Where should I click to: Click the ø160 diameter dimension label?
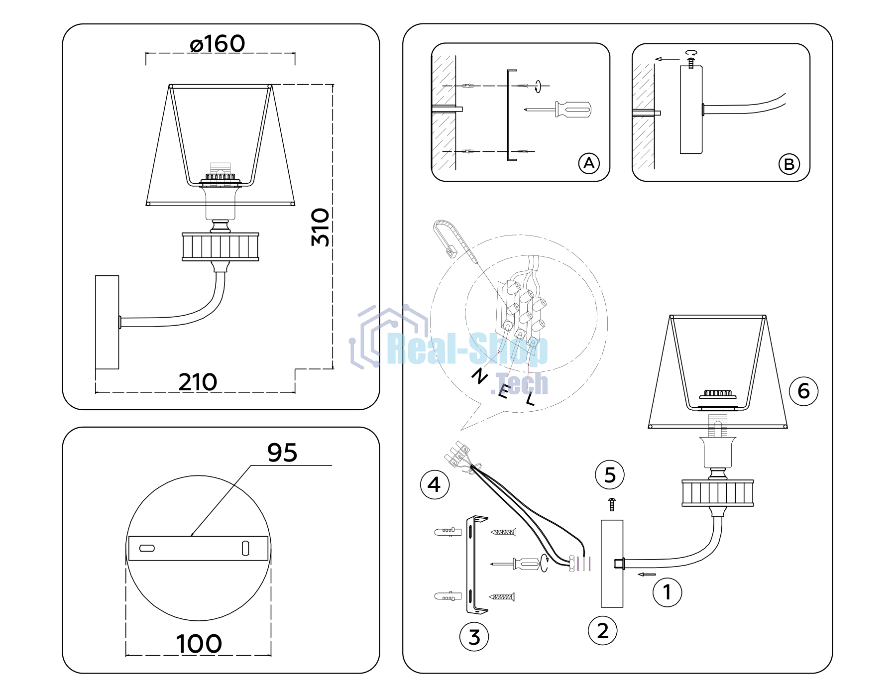(x=218, y=44)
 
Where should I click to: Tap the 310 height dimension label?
(x=320, y=227)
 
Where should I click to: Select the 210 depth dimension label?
(x=198, y=382)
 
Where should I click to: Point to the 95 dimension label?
(x=282, y=453)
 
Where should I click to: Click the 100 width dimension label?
(x=199, y=644)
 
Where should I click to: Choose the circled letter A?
(x=589, y=163)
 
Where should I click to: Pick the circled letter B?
(x=789, y=164)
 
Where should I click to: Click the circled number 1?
(x=667, y=592)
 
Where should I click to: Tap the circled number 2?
(x=603, y=631)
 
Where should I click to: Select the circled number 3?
(x=474, y=637)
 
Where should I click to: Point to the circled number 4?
(x=435, y=484)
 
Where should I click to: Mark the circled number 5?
(x=610, y=475)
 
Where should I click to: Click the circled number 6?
(x=803, y=391)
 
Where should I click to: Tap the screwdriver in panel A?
(x=558, y=109)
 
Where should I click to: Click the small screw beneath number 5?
(x=612, y=504)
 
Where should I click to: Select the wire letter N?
(x=480, y=376)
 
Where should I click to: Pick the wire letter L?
(x=531, y=399)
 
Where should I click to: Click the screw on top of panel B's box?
(x=691, y=63)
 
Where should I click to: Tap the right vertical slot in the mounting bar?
(x=245, y=548)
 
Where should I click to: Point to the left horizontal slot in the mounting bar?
(x=147, y=548)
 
